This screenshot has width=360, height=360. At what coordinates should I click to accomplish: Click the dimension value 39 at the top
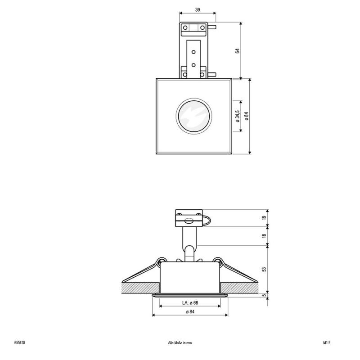pos(198,9)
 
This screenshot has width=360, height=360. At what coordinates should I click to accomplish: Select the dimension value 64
pos(238,51)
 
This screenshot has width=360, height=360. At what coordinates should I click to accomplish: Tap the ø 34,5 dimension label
pos(238,116)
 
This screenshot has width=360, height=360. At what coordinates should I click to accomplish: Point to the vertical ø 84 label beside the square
pos(246,116)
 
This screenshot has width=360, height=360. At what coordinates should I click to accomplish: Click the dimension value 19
pos(264,218)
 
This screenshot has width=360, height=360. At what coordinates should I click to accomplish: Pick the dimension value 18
pos(264,236)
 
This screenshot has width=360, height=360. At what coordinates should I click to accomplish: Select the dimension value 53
pos(264,269)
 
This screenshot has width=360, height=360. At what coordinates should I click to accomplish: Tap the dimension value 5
pos(264,295)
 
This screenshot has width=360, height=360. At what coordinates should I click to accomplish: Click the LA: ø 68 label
pos(190,303)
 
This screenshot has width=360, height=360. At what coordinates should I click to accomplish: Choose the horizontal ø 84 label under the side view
pos(190,312)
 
